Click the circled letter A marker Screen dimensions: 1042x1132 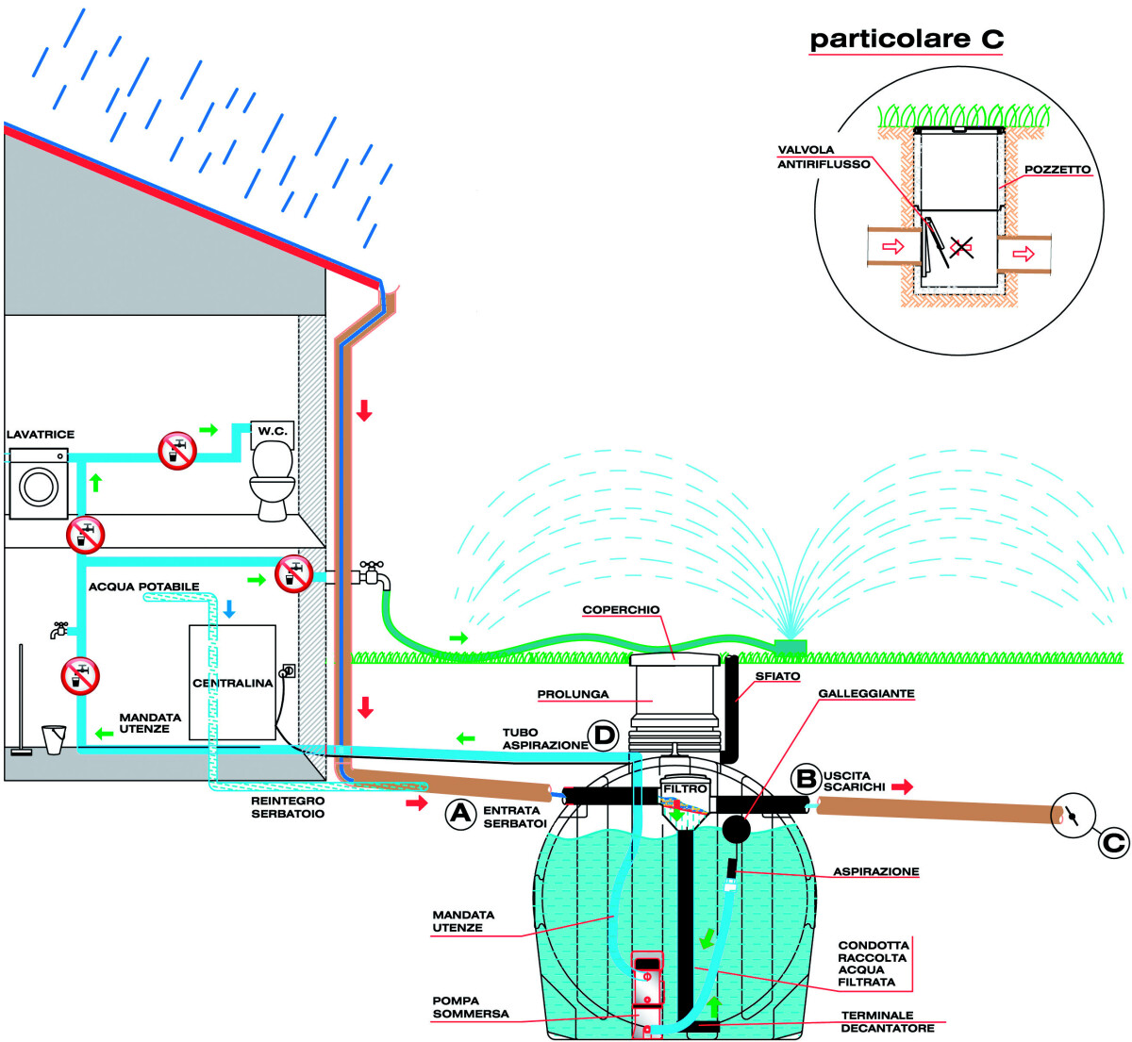point(460,812)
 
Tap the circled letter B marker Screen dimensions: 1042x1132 point(806,778)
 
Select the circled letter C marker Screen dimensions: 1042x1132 point(1113,842)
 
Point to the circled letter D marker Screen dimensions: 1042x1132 point(602,735)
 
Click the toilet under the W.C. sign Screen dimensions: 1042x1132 point(272,481)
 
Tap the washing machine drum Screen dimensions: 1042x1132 point(39,488)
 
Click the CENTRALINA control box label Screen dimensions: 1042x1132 point(232,683)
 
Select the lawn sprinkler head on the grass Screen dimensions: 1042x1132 point(790,645)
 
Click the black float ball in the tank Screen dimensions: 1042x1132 point(736,828)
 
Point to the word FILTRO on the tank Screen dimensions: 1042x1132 point(685,788)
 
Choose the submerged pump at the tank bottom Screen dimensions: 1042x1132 point(647,990)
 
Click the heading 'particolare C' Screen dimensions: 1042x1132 point(907,40)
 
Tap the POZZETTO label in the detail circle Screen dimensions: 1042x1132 point(1057,170)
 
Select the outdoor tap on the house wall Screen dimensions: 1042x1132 point(370,572)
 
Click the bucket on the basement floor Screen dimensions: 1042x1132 point(54,738)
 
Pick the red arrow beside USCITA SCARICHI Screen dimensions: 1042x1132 point(902,786)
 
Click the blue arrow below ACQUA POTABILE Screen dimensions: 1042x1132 point(228,609)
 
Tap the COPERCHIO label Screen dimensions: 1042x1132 point(621,610)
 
